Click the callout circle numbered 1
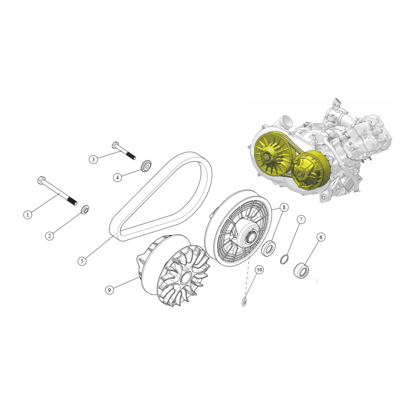click(28, 215)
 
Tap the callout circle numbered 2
click(49, 236)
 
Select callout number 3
click(94, 159)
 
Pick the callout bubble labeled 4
click(117, 177)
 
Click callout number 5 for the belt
click(82, 261)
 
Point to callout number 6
click(321, 237)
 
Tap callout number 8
click(284, 207)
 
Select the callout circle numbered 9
click(109, 290)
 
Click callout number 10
click(259, 270)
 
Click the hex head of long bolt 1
click(42, 180)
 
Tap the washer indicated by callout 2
click(85, 209)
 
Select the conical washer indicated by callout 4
click(146, 166)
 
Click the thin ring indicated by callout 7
click(284, 259)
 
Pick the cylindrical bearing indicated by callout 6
click(301, 270)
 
